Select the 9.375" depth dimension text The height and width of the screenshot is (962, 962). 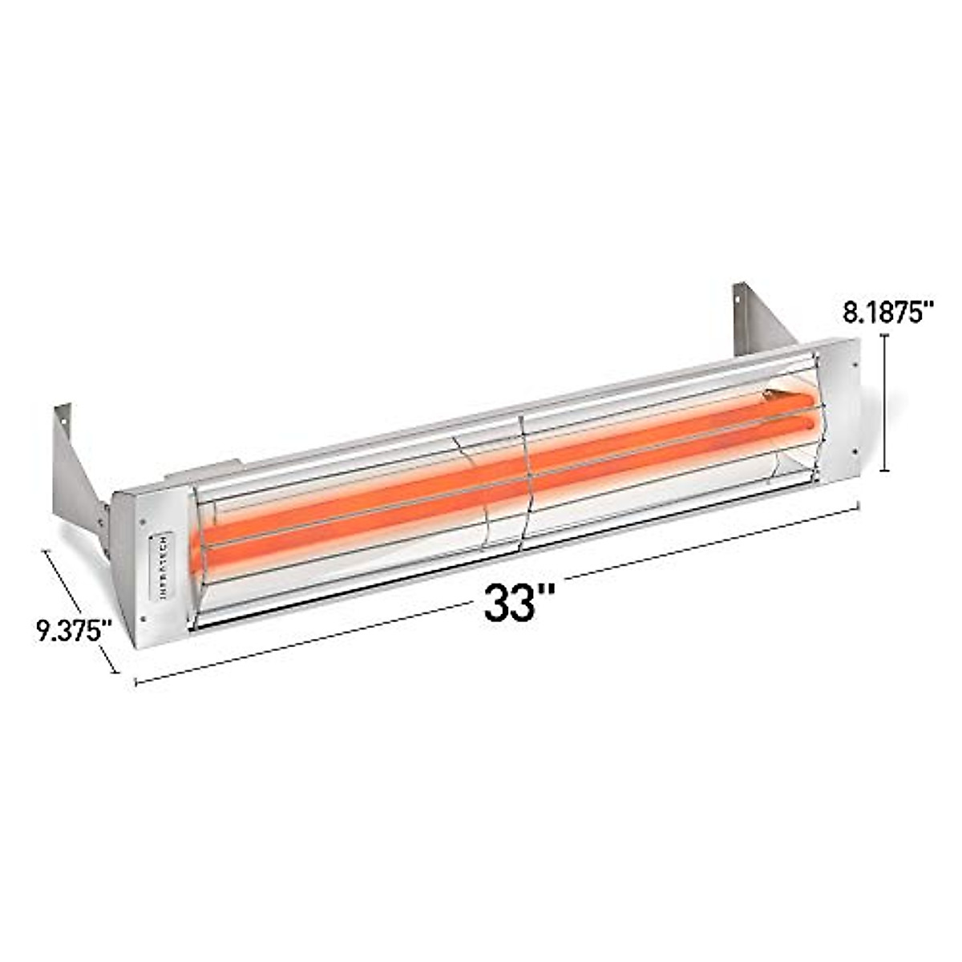pyautogui.click(x=73, y=630)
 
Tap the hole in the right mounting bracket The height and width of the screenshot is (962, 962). pyautogui.click(x=737, y=301)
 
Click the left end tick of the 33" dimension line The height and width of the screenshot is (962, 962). pyautogui.click(x=136, y=682)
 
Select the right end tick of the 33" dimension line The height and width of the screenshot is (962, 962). pyautogui.click(x=859, y=505)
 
